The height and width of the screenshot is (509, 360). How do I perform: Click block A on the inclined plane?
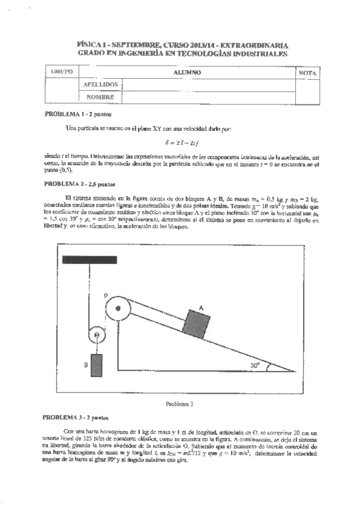pyautogui.click(x=197, y=325)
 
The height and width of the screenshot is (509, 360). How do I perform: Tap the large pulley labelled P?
pyautogui.click(x=116, y=311)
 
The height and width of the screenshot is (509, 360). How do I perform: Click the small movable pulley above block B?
pyautogui.click(x=95, y=336)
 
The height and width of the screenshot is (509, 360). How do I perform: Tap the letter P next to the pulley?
pyautogui.click(x=105, y=296)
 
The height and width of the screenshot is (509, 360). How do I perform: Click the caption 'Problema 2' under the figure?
pyautogui.click(x=179, y=404)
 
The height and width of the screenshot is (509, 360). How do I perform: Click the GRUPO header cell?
pyautogui.click(x=62, y=71)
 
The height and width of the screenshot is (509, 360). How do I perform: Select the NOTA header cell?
pyautogui.click(x=309, y=73)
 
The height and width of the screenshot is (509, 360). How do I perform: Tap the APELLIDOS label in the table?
pyautogui.click(x=100, y=85)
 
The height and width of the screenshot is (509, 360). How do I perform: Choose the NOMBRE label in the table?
pyautogui.click(x=100, y=97)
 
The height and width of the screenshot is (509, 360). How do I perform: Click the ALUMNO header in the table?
pyautogui.click(x=187, y=72)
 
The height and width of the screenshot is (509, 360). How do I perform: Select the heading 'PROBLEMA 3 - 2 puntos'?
pyautogui.click(x=76, y=415)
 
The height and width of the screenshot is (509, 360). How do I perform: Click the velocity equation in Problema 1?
pyautogui.click(x=179, y=142)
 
